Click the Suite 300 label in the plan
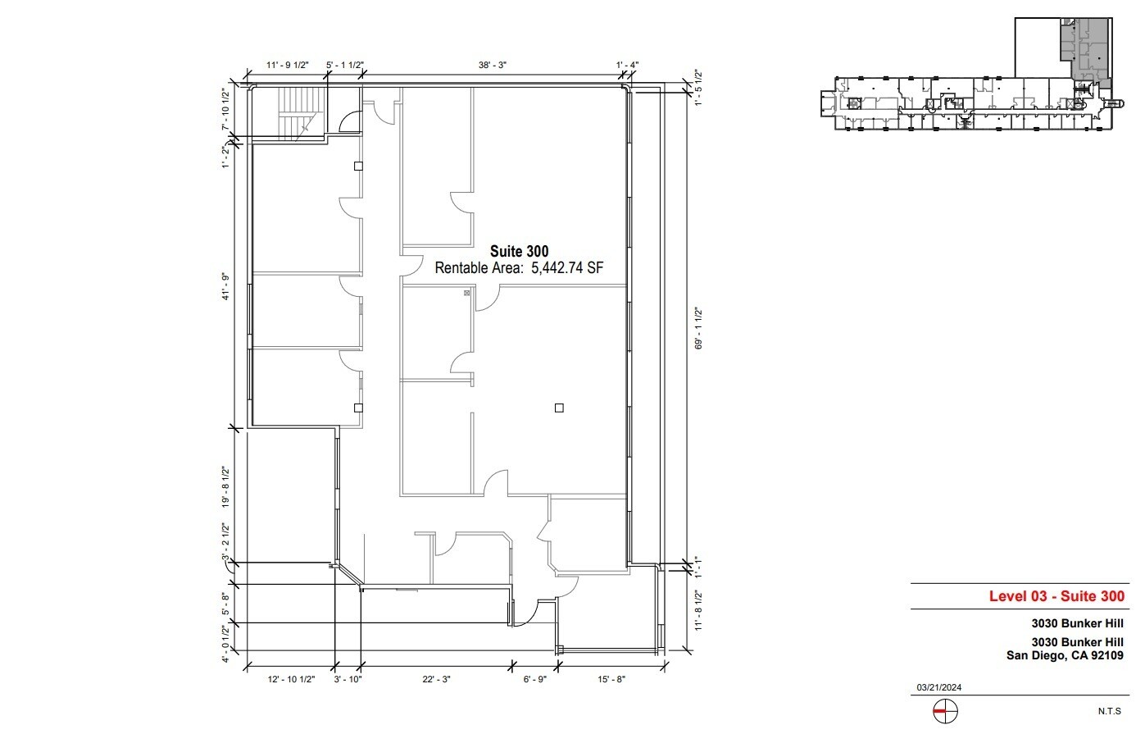519,251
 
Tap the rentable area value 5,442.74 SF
567,267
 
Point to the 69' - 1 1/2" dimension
698,329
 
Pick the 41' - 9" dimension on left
225,288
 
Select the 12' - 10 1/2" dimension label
292,679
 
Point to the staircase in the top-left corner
297,113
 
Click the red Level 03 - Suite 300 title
1056,596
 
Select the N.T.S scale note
1110,711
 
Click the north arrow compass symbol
945,712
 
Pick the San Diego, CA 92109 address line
1065,655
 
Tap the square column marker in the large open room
559,408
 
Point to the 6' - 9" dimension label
534,679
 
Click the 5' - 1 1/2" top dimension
344,65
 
